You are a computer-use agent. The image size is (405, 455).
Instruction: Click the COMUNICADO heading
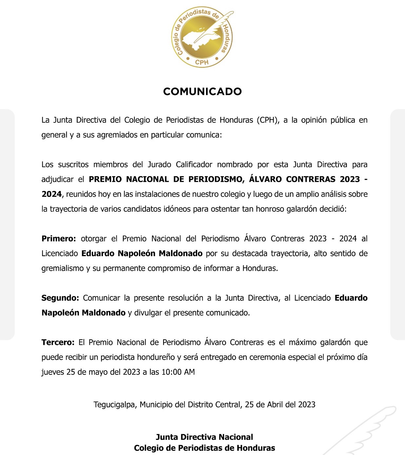pyautogui.click(x=202, y=91)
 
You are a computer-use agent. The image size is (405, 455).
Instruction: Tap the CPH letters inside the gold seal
pyautogui.click(x=202, y=62)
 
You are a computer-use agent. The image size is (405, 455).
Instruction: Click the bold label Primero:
pyautogui.click(x=59, y=238)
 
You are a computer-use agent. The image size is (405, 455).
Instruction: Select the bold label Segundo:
pyautogui.click(x=60, y=298)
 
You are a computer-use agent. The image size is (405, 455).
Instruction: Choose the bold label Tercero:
pyautogui.click(x=58, y=342)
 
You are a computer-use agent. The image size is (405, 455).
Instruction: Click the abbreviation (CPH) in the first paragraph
pyautogui.click(x=268, y=120)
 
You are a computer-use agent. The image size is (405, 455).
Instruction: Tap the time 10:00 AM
pyautogui.click(x=178, y=372)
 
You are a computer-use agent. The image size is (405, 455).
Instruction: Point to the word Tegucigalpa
pyautogui.click(x=114, y=405)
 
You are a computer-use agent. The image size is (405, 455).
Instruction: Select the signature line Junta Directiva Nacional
pyautogui.click(x=204, y=437)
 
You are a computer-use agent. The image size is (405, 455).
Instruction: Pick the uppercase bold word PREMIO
pyautogui.click(x=105, y=179)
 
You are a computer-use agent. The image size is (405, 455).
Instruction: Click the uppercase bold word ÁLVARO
pyautogui.click(x=265, y=179)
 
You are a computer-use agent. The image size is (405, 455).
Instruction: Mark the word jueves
pyautogui.click(x=53, y=372)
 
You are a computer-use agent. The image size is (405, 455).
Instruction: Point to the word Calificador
pyautogui.click(x=194, y=164)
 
